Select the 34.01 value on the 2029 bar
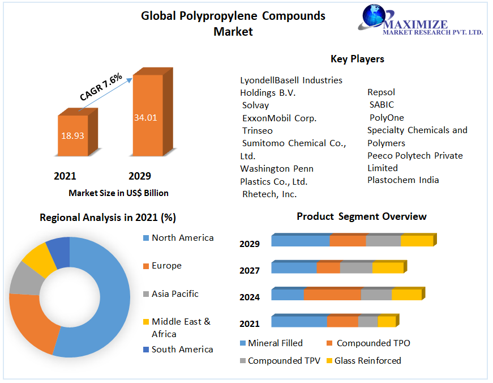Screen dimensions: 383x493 145,118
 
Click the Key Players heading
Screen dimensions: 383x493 357,59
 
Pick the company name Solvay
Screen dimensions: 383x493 255,105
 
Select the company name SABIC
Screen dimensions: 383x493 381,105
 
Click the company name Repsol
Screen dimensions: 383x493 381,92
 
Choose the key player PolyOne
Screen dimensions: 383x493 387,118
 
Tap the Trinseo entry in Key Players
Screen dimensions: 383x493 258,131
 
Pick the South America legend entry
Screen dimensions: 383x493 182,350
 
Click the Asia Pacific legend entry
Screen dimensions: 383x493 175,294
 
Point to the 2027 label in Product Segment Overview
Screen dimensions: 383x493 249,271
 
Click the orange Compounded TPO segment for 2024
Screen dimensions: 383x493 332,295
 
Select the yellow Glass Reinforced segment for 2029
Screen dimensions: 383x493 417,241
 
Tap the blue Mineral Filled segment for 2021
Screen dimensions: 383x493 299,322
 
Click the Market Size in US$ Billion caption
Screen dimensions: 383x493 118,193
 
